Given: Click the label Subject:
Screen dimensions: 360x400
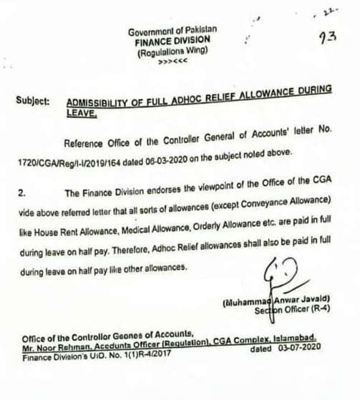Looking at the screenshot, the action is [32, 102].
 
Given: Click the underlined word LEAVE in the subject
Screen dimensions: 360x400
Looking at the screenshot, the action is [80, 113].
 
